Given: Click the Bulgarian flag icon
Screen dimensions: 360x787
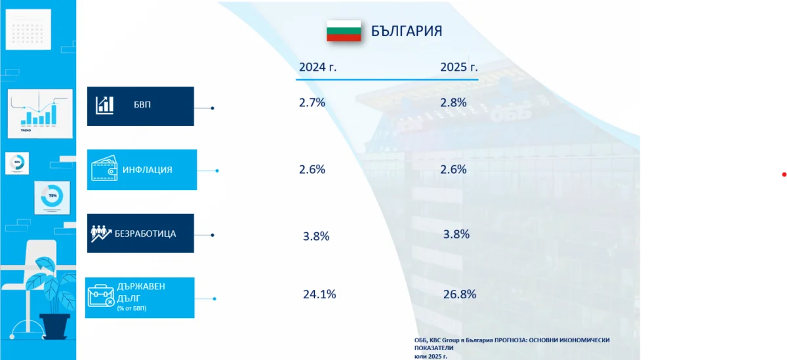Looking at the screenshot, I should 344,31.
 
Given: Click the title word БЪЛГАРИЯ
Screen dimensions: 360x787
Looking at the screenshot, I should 407,31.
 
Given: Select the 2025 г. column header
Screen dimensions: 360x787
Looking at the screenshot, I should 458,67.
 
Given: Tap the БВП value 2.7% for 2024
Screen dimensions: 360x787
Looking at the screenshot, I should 312,102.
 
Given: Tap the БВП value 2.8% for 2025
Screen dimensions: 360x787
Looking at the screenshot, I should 453,102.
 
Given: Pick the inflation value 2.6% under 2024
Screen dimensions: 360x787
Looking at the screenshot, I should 312,169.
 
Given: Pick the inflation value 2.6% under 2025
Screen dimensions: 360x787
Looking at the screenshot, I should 453,169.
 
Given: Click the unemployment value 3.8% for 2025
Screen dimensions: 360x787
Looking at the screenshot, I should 456,234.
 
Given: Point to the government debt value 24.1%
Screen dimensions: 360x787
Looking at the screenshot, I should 319,294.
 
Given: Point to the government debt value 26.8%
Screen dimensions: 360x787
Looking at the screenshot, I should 458,294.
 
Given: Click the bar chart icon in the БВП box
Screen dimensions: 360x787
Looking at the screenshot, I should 105,105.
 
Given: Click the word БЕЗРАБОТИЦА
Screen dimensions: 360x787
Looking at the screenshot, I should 145,233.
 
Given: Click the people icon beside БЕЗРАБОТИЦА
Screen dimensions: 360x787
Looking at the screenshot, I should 101,233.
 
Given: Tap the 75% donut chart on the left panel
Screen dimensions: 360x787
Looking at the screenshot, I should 51,196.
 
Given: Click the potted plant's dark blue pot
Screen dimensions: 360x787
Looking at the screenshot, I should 54,325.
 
